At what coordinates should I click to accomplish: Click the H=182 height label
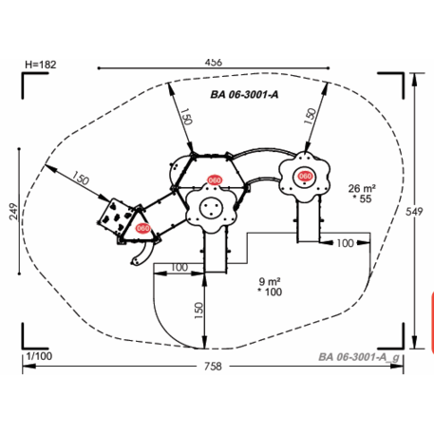tap(41, 65)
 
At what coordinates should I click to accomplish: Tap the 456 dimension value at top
tap(214, 62)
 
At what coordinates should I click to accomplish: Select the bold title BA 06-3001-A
tap(244, 94)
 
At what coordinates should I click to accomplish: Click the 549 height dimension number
tap(414, 212)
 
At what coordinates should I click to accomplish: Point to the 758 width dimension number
tap(213, 367)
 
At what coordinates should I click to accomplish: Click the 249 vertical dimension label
tap(13, 212)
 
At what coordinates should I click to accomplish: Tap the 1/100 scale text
tap(39, 356)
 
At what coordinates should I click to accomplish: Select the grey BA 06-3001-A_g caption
tap(359, 357)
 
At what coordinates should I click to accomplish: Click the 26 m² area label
tap(362, 188)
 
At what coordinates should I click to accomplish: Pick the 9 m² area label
tap(270, 281)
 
